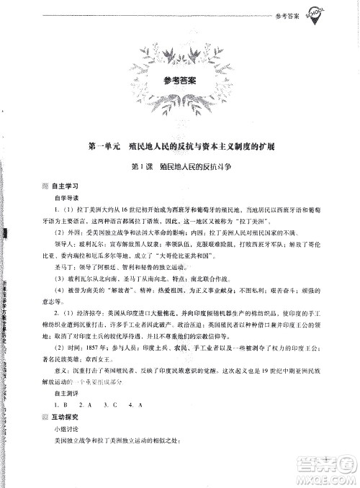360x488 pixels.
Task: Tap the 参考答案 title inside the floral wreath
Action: [180, 81]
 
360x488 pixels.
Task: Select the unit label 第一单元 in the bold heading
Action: [102, 146]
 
